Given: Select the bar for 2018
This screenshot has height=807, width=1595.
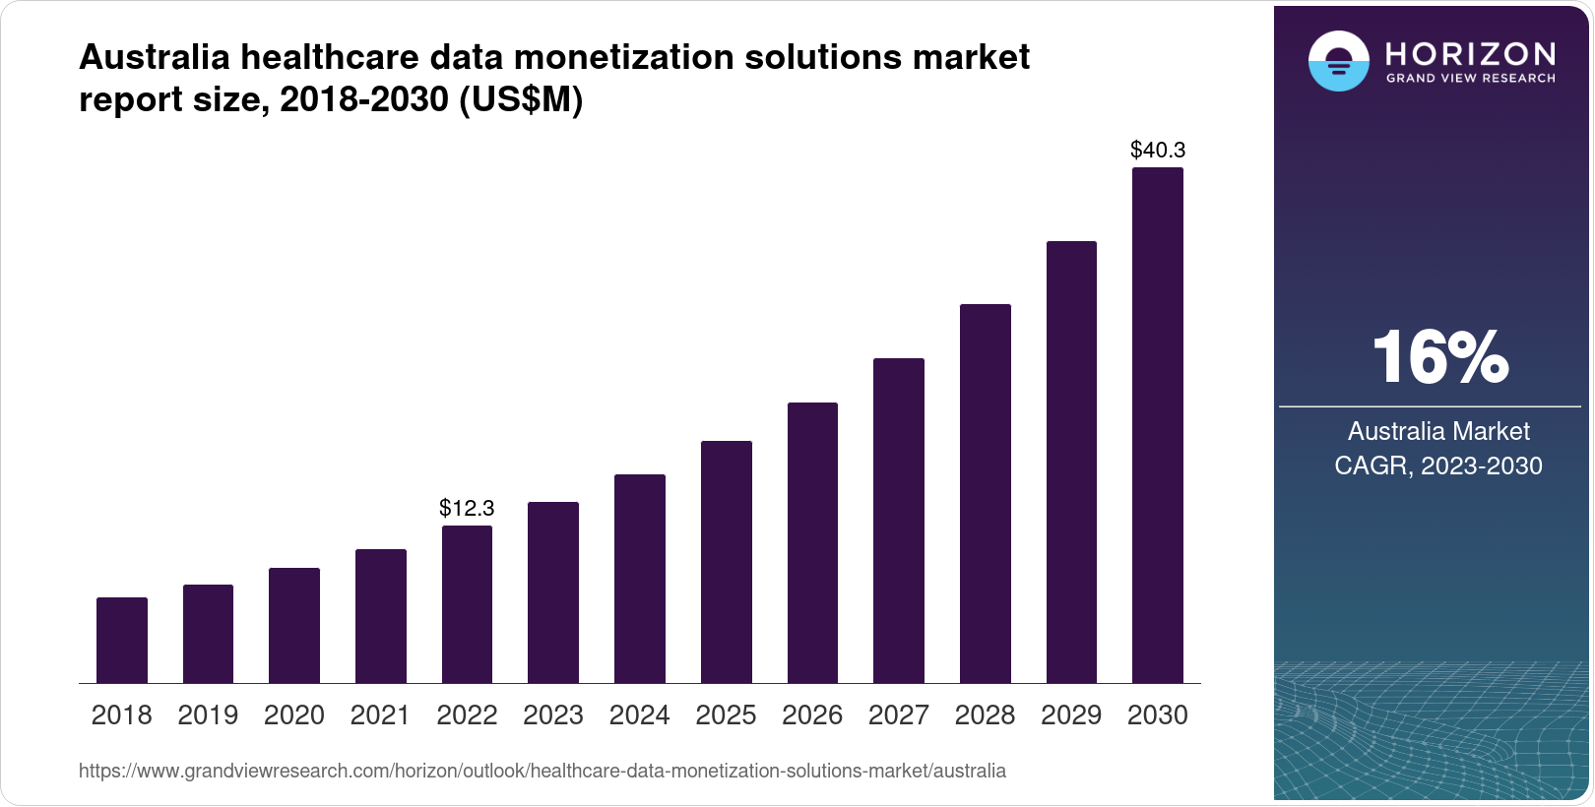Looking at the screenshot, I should click(122, 640).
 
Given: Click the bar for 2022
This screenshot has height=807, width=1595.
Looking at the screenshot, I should click(467, 604).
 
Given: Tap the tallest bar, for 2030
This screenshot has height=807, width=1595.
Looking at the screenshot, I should click(1158, 425).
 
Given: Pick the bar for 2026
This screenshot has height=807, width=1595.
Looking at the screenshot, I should click(812, 542).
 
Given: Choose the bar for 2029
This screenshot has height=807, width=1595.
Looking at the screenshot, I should click(1071, 462).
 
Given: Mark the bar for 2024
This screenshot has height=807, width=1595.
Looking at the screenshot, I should click(640, 579).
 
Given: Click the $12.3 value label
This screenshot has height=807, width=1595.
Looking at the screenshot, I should click(467, 508).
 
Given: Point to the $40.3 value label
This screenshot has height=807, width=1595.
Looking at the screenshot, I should click(1158, 150).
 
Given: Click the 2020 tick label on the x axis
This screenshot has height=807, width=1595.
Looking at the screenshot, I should click(294, 715).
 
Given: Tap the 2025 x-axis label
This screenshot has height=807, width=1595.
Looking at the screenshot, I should click(726, 715).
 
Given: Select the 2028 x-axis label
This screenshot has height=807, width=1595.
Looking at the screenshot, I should click(985, 715).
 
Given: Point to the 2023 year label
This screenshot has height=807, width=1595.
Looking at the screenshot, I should click(553, 715).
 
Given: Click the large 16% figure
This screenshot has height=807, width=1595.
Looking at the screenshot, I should click(1439, 357).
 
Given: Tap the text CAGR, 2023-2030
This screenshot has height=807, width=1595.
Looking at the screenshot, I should click(1438, 466).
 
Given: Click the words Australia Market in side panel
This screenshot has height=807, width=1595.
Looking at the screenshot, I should click(1438, 431).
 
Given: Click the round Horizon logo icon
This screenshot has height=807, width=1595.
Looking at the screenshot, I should click(1338, 61).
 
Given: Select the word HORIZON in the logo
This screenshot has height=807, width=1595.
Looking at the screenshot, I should click(1471, 53).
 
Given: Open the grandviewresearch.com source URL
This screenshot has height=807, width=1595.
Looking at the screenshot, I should click(542, 771).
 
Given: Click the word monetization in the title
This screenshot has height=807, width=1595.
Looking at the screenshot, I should click(624, 57).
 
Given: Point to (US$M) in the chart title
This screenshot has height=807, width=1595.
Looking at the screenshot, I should click(521, 99).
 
